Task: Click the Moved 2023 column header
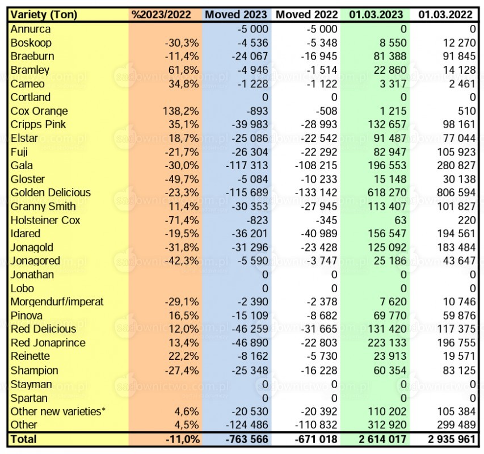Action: tap(236, 15)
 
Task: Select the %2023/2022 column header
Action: tap(162, 15)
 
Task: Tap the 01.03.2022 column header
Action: tap(445, 15)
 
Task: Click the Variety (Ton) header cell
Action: tap(44, 15)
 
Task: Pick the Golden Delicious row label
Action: tap(50, 192)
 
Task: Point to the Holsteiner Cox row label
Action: tap(45, 220)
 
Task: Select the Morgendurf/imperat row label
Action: tap(57, 302)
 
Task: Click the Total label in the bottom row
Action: tap(23, 439)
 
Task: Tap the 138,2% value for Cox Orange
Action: tap(181, 111)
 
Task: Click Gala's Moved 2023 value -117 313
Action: tap(247, 166)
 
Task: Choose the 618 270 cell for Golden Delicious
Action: tap(387, 192)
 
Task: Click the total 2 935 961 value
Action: tap(452, 439)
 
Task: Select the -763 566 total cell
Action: tap(247, 439)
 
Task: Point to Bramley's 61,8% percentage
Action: tap(184, 70)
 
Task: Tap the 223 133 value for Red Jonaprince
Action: tap(387, 343)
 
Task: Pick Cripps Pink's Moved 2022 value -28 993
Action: tap(319, 124)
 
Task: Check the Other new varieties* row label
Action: tap(58, 411)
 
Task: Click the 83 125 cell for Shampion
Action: tap(459, 371)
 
